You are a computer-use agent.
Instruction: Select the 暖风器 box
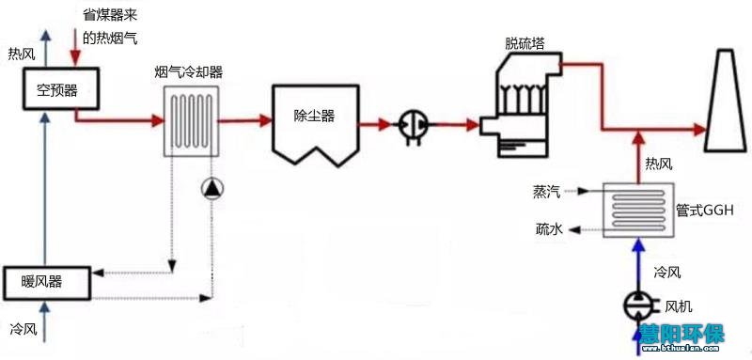(48, 279)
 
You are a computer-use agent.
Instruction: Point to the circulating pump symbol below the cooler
(212, 189)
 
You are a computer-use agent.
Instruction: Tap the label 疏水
(549, 228)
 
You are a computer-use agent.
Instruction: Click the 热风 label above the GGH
(658, 164)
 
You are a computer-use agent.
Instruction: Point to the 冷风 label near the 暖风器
(22, 329)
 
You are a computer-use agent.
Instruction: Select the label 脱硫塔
(524, 43)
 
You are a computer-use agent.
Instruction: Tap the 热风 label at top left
(21, 54)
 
